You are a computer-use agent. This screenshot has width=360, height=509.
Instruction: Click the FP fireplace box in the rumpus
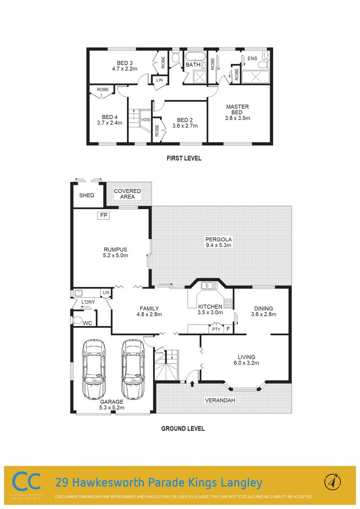click(103, 215)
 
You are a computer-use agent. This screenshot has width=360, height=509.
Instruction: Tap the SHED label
click(87, 196)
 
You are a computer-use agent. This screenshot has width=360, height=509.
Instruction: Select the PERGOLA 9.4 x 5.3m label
click(218, 242)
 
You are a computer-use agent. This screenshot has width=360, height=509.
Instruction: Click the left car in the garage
click(94, 370)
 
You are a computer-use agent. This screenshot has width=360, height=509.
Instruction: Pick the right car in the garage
click(133, 370)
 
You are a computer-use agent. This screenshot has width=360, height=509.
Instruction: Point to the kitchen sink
click(210, 286)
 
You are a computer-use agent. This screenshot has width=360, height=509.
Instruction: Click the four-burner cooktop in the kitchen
click(229, 303)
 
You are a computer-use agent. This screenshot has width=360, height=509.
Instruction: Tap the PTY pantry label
click(216, 329)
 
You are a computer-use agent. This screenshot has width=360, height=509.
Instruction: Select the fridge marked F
click(228, 329)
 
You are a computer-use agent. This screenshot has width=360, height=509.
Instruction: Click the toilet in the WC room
click(77, 321)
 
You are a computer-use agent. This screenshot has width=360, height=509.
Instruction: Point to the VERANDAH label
click(220, 400)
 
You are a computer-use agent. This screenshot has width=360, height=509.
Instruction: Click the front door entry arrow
click(192, 384)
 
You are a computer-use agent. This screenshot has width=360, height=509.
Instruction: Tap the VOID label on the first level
click(145, 120)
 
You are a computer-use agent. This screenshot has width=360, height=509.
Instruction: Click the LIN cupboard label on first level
click(160, 80)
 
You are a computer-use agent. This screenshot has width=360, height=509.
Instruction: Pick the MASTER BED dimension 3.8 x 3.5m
click(238, 118)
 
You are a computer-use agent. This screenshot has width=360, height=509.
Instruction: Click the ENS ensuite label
click(252, 58)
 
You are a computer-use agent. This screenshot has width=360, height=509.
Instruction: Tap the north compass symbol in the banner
click(333, 482)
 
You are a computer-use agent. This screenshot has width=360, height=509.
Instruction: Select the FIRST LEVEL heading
click(184, 158)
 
